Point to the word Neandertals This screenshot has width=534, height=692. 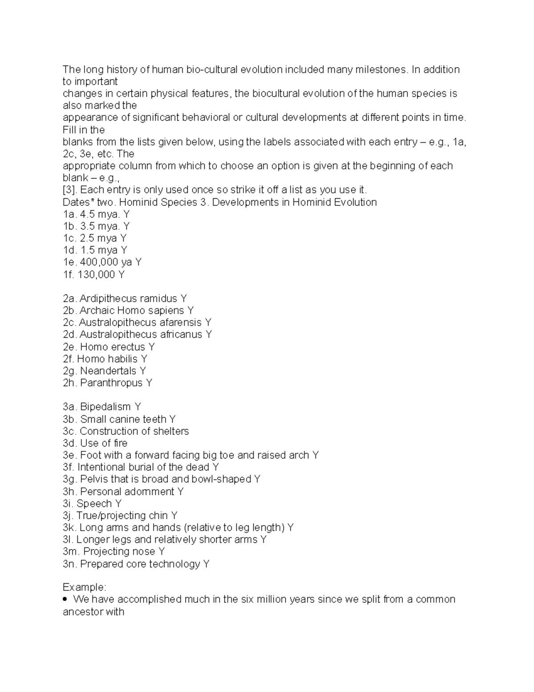108,371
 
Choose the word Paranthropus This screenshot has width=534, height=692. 112,383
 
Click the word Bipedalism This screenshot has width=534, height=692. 105,407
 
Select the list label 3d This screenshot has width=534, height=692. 70,443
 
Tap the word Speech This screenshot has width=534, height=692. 94,504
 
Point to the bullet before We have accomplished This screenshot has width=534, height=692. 66,599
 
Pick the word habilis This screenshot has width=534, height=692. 120,359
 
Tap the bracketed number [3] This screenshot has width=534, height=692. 69,190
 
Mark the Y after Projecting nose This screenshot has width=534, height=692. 162,552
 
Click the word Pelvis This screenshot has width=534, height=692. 94,479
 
